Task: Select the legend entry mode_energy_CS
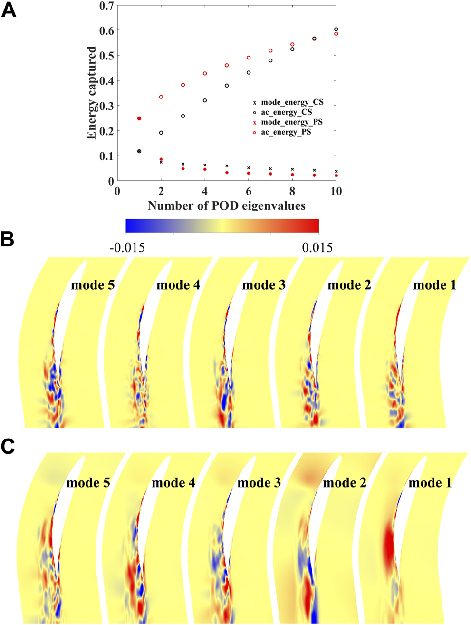[292, 102]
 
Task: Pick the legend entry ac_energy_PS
[286, 132]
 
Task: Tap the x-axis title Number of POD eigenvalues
[226, 206]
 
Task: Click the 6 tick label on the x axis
[249, 191]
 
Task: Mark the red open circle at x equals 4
[205, 73]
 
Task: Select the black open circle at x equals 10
[336, 29]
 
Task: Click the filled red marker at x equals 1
[139, 118]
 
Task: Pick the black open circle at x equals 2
[161, 133]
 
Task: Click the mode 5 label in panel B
[93, 285]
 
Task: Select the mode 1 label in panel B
[434, 285]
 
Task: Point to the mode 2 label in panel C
[345, 483]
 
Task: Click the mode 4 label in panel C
[173, 483]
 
